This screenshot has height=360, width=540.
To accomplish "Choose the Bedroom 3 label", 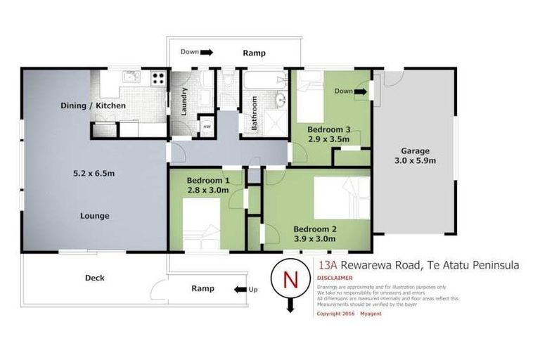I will [x=328, y=129].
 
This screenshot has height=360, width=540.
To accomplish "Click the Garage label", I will [x=415, y=150].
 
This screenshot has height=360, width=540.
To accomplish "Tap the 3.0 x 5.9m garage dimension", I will [x=415, y=160].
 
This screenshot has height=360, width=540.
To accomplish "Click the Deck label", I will [x=94, y=278].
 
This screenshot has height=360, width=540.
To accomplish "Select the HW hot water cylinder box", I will [x=207, y=127].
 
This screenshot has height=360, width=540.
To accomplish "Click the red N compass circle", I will [x=289, y=278].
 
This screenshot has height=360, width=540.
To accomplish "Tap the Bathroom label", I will [x=255, y=113].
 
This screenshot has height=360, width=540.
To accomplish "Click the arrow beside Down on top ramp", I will [x=207, y=52].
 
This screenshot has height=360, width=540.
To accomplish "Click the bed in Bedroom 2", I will [x=340, y=198].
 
